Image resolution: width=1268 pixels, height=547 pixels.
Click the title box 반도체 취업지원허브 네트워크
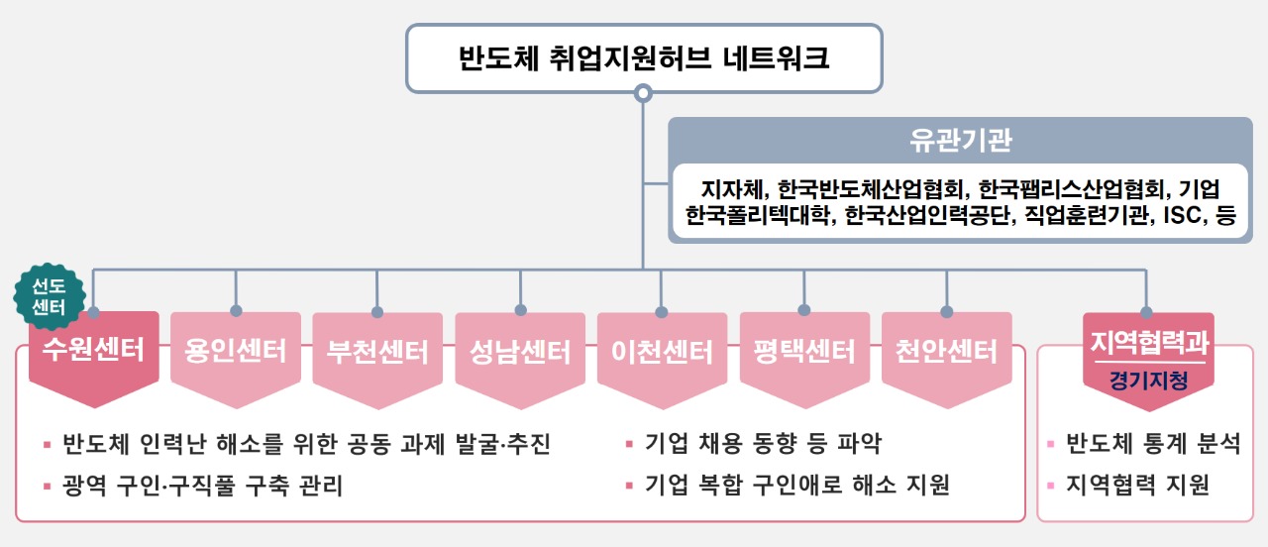(643, 58)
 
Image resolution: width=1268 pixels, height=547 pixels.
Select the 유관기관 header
(961, 140)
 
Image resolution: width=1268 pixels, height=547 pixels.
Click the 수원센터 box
(94, 352)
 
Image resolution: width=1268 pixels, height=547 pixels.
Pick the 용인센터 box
(236, 352)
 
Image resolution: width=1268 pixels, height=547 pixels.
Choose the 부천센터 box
(377, 352)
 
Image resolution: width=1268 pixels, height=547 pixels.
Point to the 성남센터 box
(520, 352)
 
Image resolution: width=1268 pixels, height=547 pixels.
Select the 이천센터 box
(662, 352)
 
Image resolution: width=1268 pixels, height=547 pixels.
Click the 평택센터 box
(803, 352)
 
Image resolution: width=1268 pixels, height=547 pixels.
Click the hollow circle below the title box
(643, 94)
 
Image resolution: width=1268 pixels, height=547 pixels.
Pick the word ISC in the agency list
(1174, 215)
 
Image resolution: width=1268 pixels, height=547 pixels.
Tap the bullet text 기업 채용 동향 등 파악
(763, 443)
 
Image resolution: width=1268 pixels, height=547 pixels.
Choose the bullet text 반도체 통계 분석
(1152, 443)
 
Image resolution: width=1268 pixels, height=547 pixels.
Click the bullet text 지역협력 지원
(1137, 486)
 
